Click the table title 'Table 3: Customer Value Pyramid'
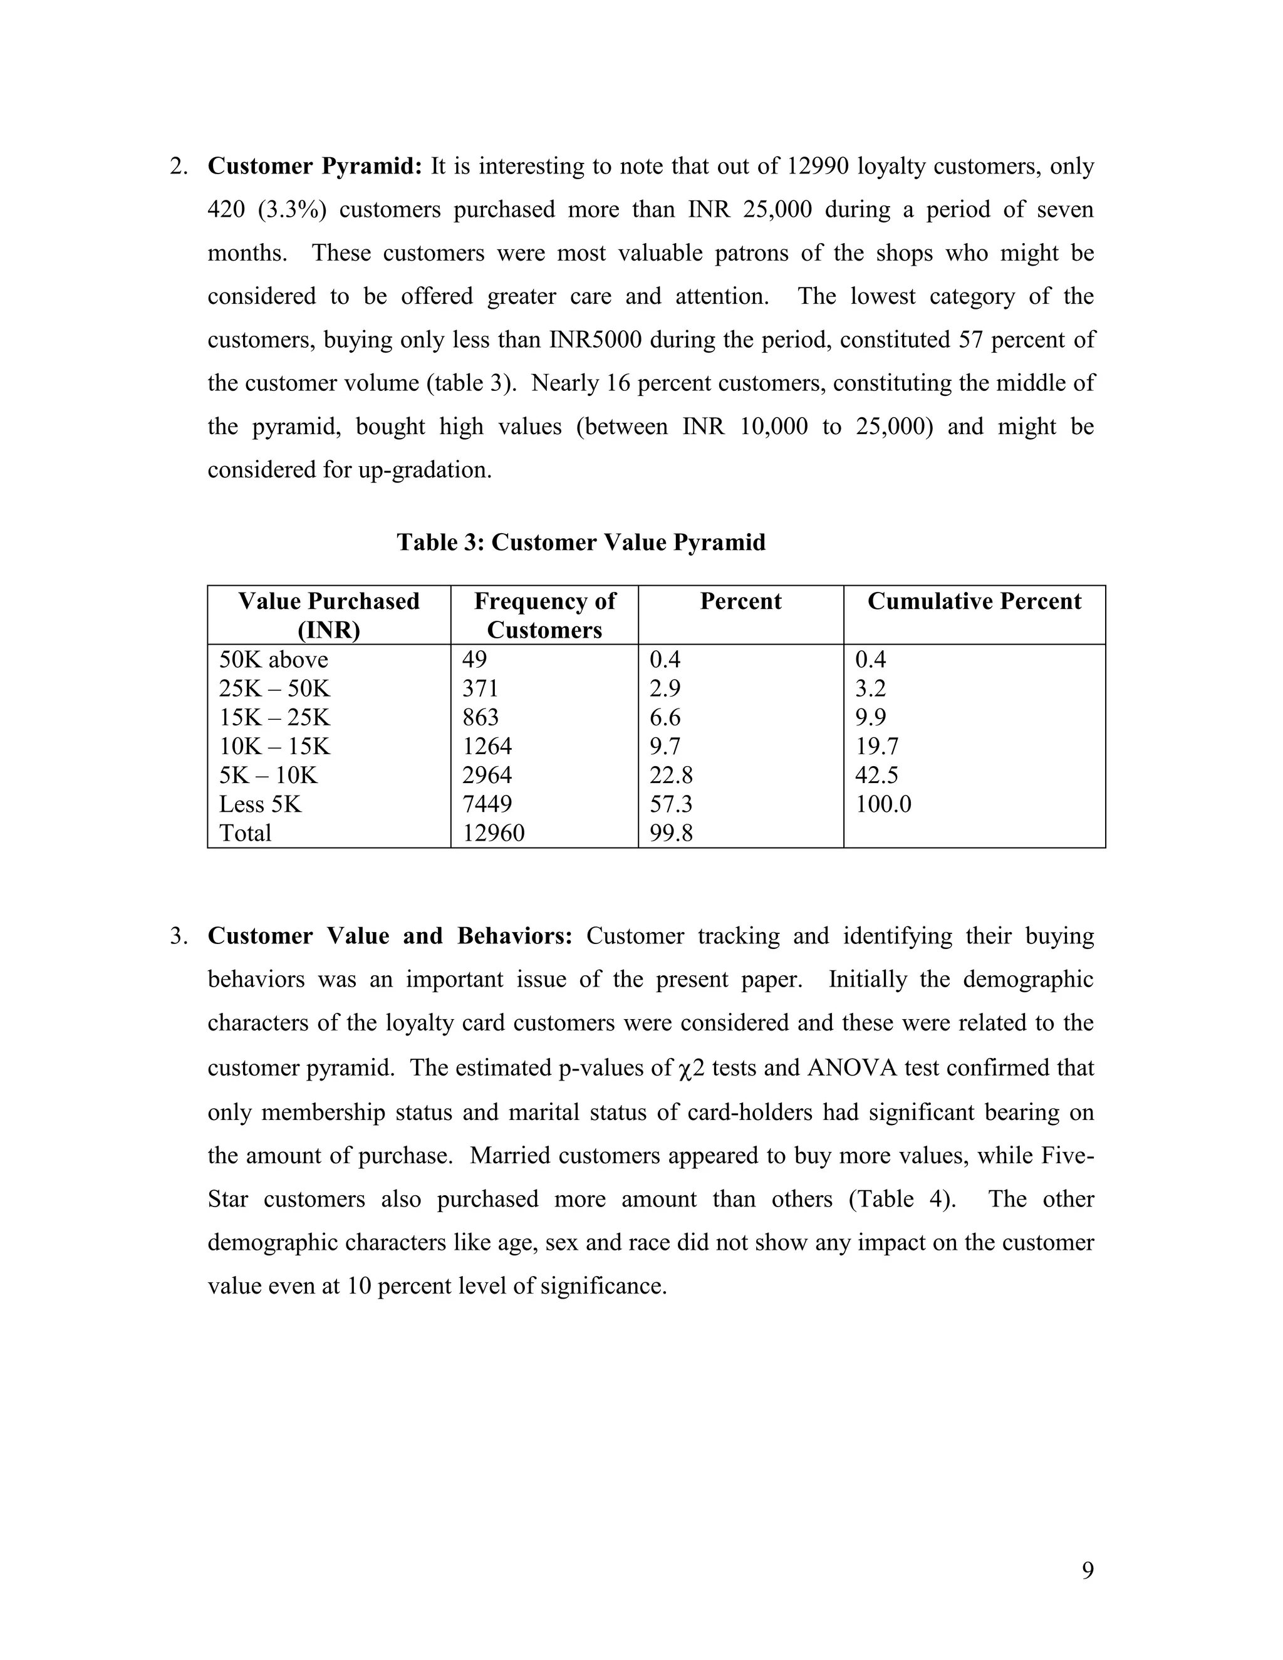click(x=581, y=542)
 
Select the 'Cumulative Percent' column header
click(x=974, y=601)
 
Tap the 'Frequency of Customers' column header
click(x=544, y=615)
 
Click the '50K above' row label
click(x=274, y=659)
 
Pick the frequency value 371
click(x=480, y=688)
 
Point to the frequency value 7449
click(x=487, y=804)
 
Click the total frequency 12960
click(x=493, y=833)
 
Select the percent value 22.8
click(x=671, y=774)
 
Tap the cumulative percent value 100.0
click(x=883, y=804)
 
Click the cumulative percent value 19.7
click(x=877, y=745)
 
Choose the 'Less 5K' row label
click(x=260, y=804)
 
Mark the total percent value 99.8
click(x=671, y=833)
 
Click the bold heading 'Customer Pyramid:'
click(x=314, y=166)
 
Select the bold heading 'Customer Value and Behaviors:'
click(x=390, y=936)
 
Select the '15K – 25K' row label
click(x=274, y=717)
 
